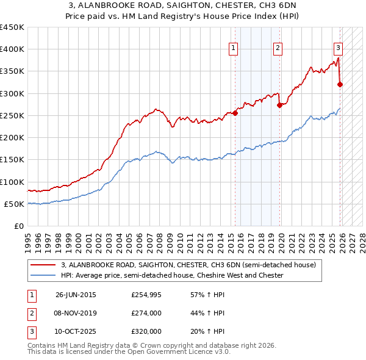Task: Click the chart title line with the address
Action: pyautogui.click(x=182, y=5)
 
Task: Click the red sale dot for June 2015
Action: pyautogui.click(x=235, y=112)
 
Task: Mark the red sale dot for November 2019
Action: pyautogui.click(x=279, y=105)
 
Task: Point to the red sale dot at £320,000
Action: pyautogui.click(x=340, y=84)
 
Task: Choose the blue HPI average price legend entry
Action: pyautogui.click(x=172, y=276)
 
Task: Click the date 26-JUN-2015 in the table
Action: pyautogui.click(x=76, y=295)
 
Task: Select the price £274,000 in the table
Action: pyautogui.click(x=146, y=313)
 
